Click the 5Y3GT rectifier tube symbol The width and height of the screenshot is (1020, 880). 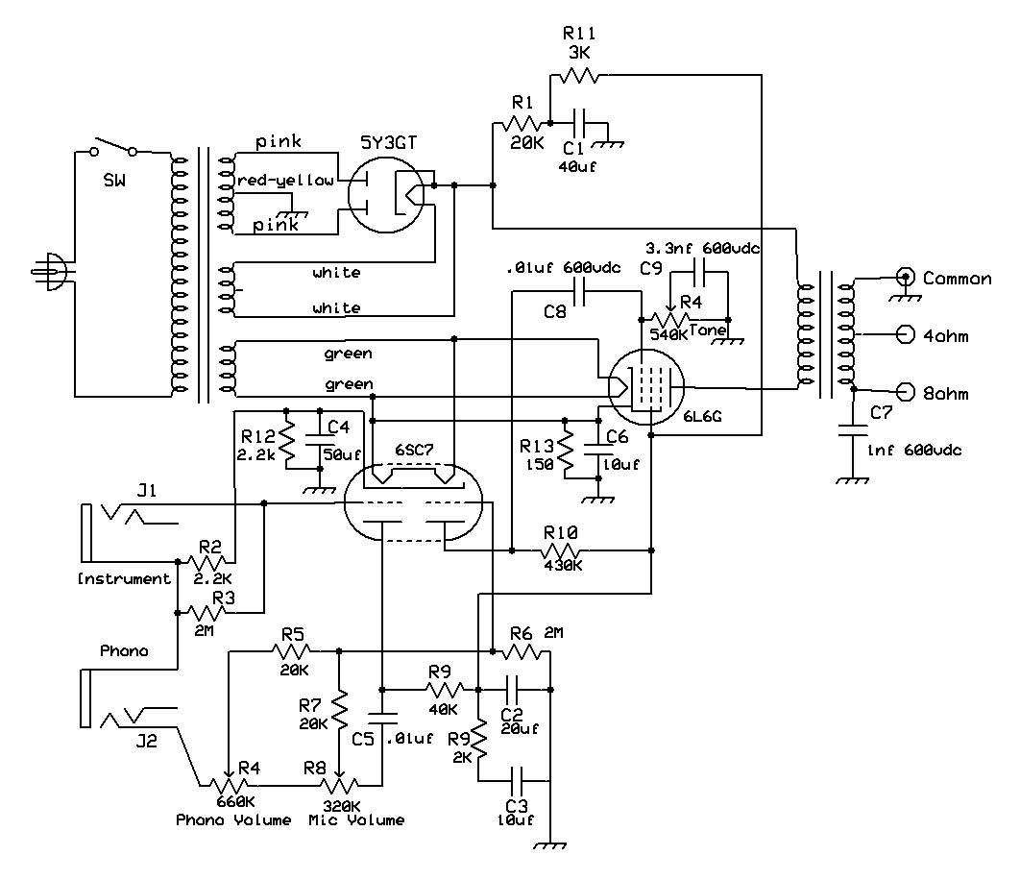[386, 194]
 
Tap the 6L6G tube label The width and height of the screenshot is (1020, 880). [702, 416]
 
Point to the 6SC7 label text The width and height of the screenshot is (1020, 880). [414, 450]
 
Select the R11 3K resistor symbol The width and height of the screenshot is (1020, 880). [579, 76]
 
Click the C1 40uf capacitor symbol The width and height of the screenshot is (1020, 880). [583, 123]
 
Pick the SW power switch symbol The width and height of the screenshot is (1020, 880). [113, 147]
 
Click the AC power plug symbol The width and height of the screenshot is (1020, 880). [51, 271]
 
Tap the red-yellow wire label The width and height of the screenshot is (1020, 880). [285, 181]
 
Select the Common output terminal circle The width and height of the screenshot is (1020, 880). [905, 277]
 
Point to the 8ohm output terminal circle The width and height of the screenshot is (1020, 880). [905, 392]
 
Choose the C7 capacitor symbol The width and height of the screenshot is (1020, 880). [853, 431]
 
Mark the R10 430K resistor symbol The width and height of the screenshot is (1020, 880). [562, 550]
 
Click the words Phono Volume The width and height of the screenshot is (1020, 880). [233, 820]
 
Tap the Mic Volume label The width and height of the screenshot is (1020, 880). [356, 820]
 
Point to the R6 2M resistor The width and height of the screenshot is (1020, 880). [522, 651]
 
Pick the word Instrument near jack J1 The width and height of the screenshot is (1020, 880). [124, 578]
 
